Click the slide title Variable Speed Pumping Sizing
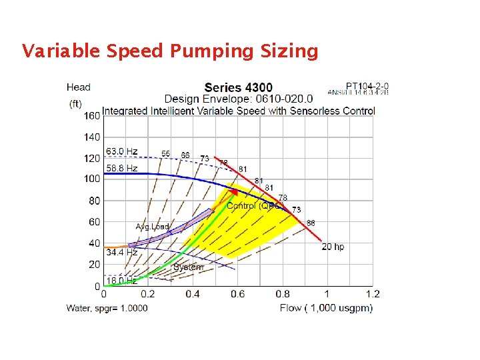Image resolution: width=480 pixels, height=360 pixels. (x=170, y=51)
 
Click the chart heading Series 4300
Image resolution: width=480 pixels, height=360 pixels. (x=238, y=87)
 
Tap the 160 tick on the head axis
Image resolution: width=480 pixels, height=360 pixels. (x=92, y=115)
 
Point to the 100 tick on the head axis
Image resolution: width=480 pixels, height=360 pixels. (x=92, y=179)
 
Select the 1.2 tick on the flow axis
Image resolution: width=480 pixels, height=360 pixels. (x=372, y=294)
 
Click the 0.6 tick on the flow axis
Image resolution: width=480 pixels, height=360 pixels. (x=237, y=294)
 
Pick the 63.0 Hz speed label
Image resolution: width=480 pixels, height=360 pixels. (x=122, y=152)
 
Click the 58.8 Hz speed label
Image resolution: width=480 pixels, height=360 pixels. (x=122, y=168)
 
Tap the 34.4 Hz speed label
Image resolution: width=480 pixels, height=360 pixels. (x=122, y=253)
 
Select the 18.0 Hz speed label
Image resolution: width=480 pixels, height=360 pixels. (x=122, y=281)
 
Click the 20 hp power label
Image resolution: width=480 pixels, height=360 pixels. (x=333, y=247)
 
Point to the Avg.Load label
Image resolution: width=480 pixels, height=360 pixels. (x=153, y=227)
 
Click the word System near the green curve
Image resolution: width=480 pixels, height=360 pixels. (x=187, y=267)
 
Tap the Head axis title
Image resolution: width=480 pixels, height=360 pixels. (x=79, y=87)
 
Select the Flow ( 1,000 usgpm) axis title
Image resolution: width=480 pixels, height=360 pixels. (x=326, y=307)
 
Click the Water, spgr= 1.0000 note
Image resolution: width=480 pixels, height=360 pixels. (x=107, y=308)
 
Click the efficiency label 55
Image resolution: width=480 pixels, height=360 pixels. (x=165, y=153)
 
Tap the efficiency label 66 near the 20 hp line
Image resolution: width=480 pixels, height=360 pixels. (x=311, y=223)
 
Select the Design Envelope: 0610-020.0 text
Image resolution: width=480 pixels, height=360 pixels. (x=239, y=99)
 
